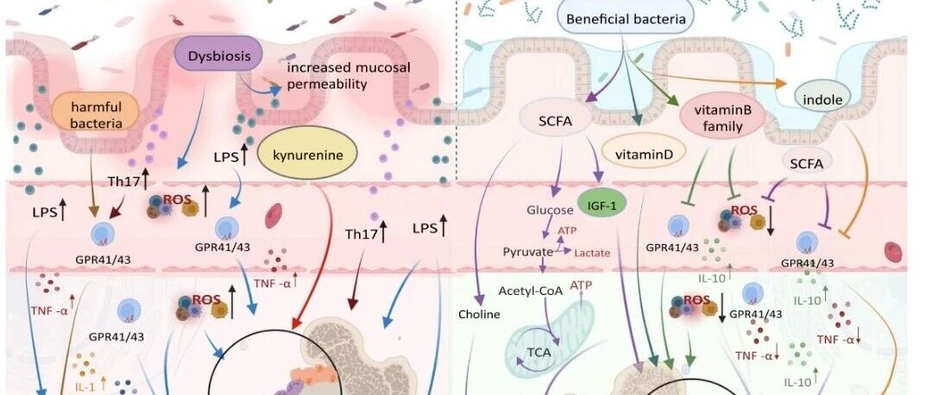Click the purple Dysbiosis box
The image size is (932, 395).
[217, 57]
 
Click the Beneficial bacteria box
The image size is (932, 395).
[626, 18]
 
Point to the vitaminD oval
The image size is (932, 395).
[643, 155]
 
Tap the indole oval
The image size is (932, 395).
[822, 100]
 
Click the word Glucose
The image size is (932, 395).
[550, 210]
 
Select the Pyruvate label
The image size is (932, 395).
[527, 251]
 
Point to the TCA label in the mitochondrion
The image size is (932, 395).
[539, 352]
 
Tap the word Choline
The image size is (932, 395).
[479, 314]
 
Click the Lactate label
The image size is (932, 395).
[592, 253]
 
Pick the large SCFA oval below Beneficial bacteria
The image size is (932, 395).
[555, 121]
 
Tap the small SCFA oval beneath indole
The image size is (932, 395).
[807, 165]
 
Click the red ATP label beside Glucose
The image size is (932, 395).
[566, 230]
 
